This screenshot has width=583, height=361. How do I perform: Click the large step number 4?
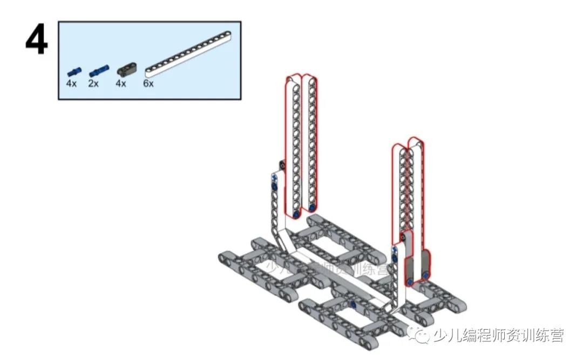pos(36,40)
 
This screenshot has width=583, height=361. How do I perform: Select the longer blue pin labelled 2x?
pos(98,70)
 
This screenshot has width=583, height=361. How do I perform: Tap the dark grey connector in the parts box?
pos(126,69)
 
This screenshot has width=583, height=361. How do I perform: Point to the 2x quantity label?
pos(93,84)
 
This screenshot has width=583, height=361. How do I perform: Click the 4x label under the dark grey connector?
pos(121,84)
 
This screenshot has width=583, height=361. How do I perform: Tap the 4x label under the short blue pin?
pos(71,84)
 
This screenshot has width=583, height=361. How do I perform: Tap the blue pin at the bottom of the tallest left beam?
pos(296,215)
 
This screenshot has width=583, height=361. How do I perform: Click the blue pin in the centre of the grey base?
pos(354,305)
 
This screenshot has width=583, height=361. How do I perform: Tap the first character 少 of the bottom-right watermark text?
pos(439,337)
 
